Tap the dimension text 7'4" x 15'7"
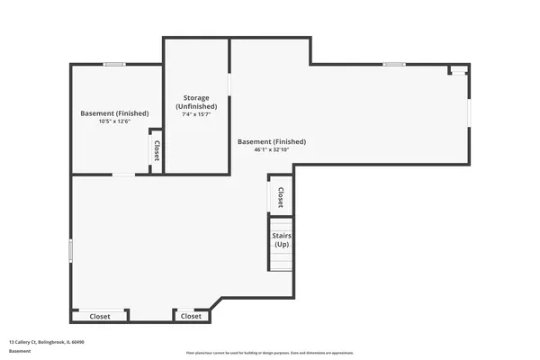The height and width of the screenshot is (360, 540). tap(196, 115)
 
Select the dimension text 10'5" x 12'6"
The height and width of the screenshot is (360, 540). tap(114, 121)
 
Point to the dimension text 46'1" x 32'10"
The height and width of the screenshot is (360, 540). tap(271, 150)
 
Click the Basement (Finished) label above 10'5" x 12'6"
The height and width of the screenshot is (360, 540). tap(114, 113)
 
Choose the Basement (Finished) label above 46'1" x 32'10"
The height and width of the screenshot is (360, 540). tap(271, 141)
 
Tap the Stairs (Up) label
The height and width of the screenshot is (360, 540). tap(281, 241)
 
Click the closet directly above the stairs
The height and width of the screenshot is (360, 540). tap(281, 196)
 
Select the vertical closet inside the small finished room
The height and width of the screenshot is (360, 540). tap(157, 151)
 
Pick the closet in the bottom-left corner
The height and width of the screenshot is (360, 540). tap(100, 317)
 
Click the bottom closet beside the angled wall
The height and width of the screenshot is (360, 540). tap(191, 317)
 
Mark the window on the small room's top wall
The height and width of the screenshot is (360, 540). tap(113, 64)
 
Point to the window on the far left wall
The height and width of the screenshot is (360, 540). tap(71, 249)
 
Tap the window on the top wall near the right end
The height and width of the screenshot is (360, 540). tap(393, 64)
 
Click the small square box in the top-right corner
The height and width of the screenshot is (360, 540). tap(458, 69)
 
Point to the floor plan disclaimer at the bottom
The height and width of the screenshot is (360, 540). tap(270, 353)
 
